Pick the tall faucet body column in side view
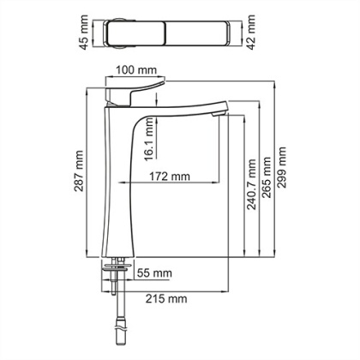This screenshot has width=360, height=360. click(x=117, y=189)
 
